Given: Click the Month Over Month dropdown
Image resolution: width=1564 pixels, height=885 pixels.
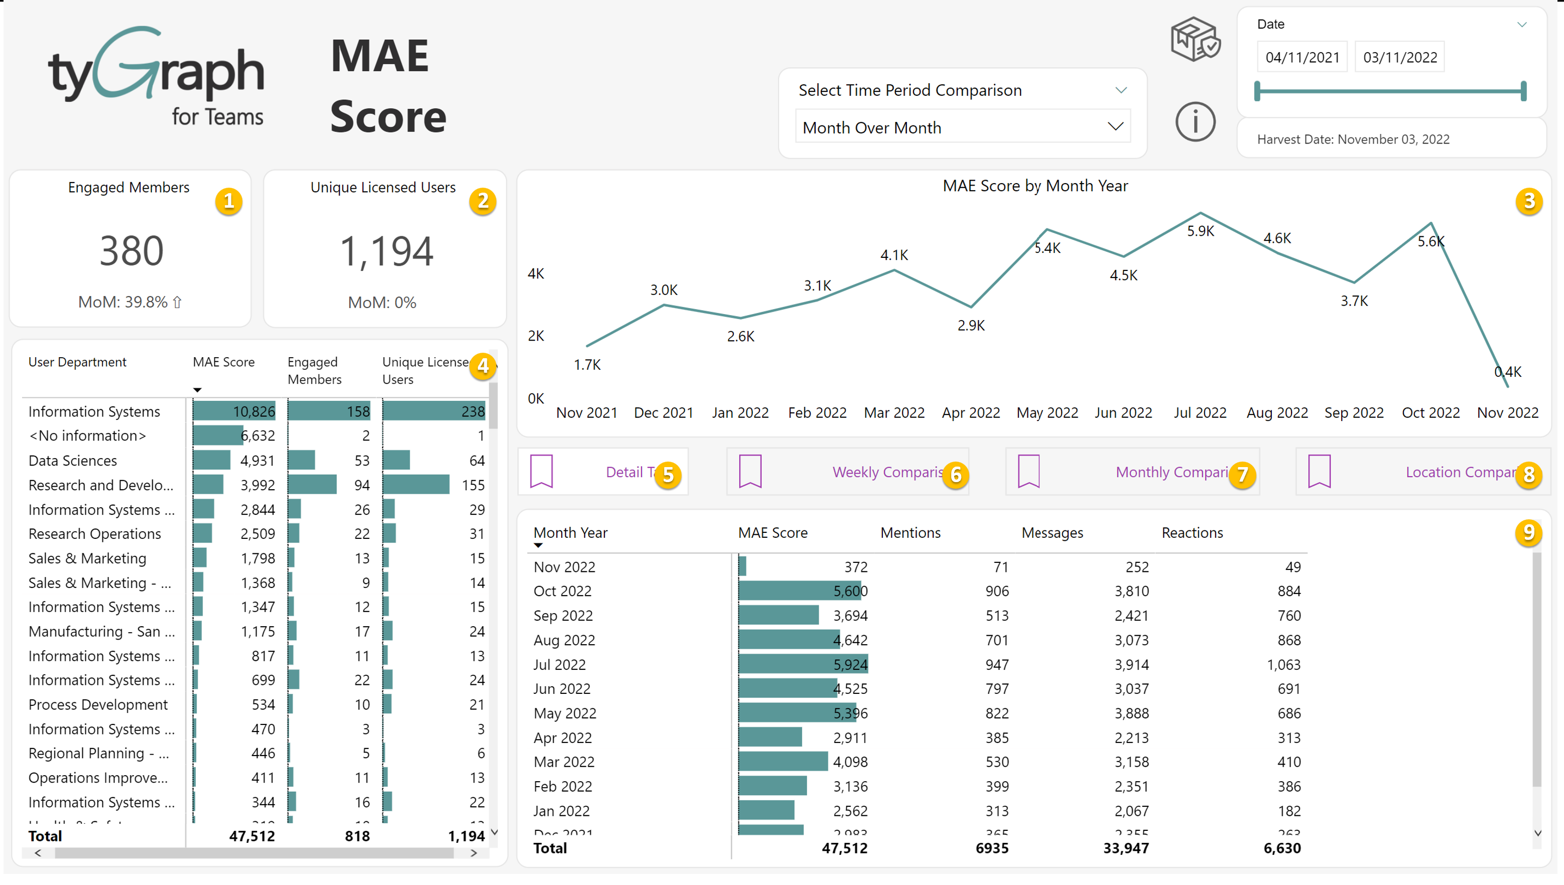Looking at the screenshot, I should point(962,127).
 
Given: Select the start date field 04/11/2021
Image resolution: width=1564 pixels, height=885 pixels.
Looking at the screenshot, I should point(1302,57).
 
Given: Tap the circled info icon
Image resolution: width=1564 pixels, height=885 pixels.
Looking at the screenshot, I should point(1195,121).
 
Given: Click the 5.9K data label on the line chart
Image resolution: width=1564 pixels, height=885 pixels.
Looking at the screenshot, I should point(1201,231).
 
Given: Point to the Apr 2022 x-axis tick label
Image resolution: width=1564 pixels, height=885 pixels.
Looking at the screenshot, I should point(971,413).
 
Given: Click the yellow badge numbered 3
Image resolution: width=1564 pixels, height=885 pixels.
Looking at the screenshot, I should point(1529,201).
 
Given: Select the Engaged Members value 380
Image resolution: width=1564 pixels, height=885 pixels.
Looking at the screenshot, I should point(132,250).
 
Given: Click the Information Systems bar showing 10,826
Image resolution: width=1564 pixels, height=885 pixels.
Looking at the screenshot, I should point(234,411).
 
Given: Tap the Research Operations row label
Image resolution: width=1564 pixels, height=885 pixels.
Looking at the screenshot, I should point(95,534).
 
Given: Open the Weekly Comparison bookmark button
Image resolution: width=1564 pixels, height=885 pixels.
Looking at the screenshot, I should point(847,472).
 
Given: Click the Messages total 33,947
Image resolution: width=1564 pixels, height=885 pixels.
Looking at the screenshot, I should point(1126,848).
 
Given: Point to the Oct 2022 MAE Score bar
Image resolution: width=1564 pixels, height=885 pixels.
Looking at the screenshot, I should point(800,591).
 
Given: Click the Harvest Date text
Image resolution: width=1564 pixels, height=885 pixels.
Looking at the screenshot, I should point(1353,139).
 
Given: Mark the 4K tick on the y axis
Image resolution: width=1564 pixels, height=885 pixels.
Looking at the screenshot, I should point(536,273).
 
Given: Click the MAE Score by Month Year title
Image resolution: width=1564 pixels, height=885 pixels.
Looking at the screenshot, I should point(1035,186).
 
